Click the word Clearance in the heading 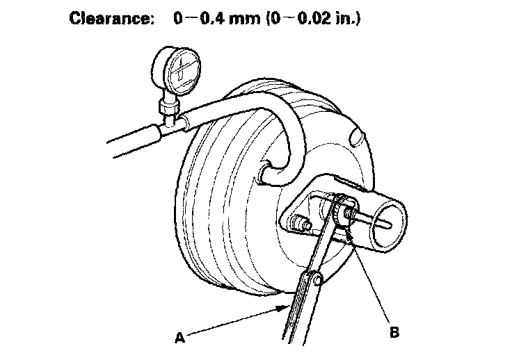(115, 19)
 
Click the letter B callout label (394, 333)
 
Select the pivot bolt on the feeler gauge (317, 280)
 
